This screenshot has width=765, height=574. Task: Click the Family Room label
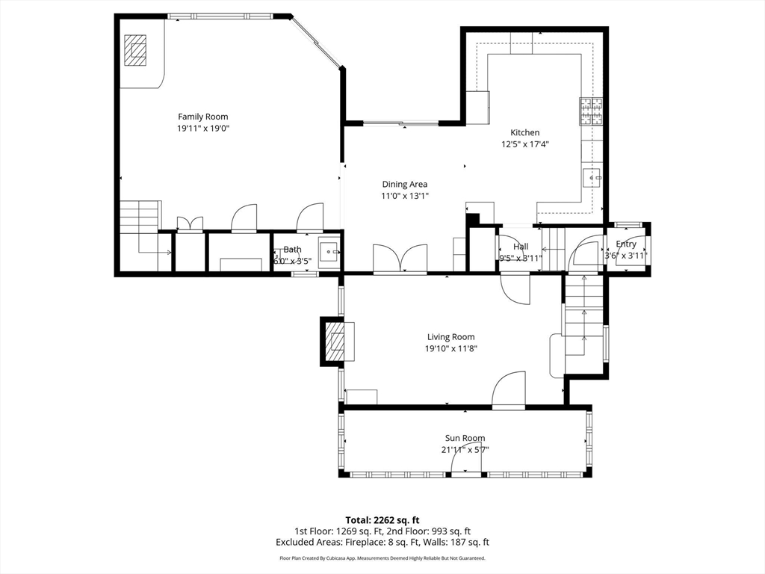tap(202, 117)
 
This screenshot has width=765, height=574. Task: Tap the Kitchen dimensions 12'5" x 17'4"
tap(524, 145)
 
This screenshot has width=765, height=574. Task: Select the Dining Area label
tap(405, 184)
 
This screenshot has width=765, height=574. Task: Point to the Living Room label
tap(450, 337)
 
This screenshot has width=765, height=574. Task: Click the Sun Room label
tap(465, 439)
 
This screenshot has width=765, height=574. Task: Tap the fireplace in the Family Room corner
tap(136, 51)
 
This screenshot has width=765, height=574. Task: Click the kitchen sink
tap(593, 178)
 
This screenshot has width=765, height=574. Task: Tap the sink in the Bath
tap(329, 252)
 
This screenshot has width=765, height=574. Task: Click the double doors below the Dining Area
tap(400, 259)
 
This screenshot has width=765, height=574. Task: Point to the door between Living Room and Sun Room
tap(509, 392)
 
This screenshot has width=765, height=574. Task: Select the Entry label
tap(626, 244)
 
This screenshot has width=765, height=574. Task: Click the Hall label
tap(521, 247)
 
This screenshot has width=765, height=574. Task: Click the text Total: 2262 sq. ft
tap(382, 520)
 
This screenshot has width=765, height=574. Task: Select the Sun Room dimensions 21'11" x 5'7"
tap(465, 450)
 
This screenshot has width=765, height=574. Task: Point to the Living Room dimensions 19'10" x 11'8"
tap(450, 348)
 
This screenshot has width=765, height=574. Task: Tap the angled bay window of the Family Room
tap(317, 42)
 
